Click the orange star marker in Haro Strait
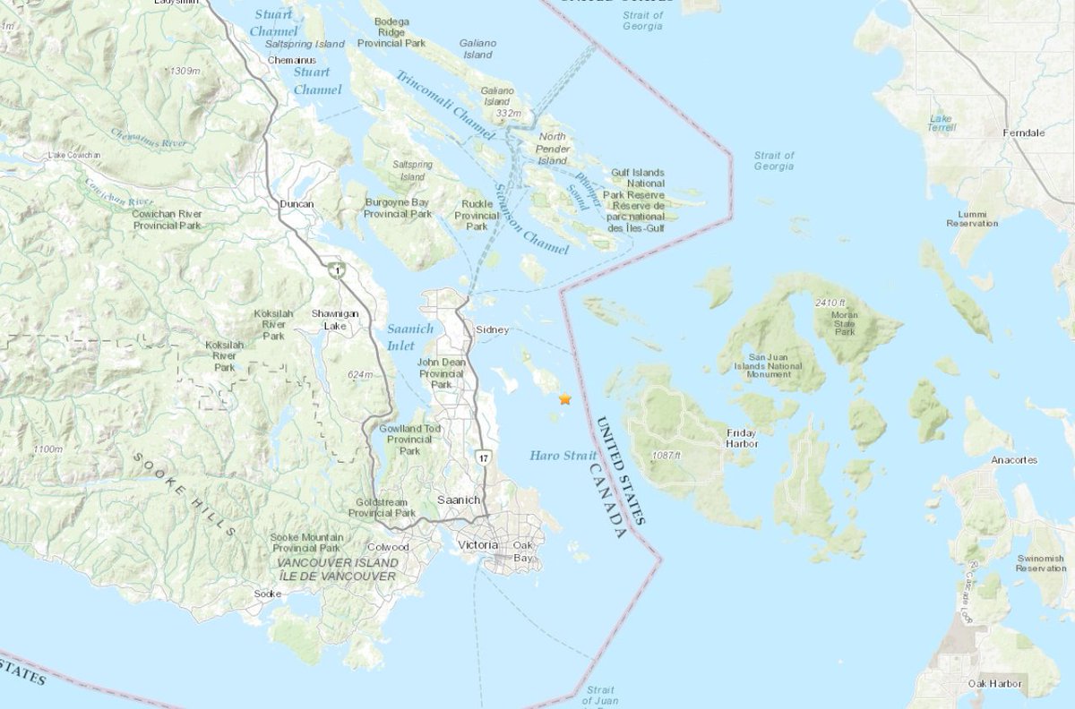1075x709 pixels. coord(564,399)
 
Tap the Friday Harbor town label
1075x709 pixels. coord(742,438)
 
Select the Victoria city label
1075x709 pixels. coord(477,545)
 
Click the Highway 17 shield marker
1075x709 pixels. coord(483,458)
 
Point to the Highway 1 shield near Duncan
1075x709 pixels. coord(335,269)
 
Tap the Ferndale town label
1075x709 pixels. coord(1024,132)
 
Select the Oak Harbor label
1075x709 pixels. coord(994,684)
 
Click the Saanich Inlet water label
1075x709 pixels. coord(409,337)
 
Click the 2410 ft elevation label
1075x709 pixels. coord(830,303)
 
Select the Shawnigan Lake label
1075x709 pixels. coord(333,320)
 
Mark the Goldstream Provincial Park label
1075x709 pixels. coord(382,508)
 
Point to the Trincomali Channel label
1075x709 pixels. coord(445,105)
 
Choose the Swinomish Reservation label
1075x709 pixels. coord(1040,563)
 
